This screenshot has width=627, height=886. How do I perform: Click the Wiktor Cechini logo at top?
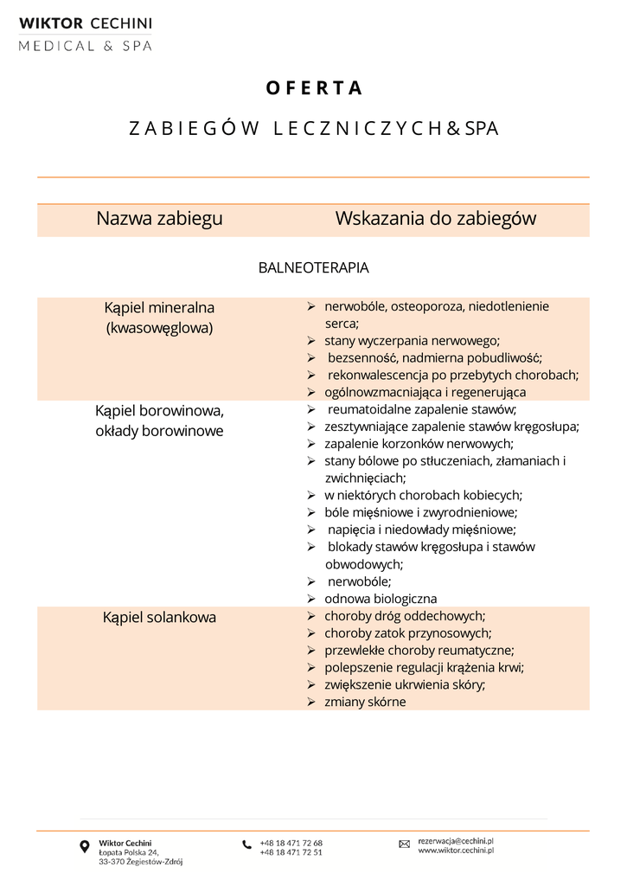tap(86, 34)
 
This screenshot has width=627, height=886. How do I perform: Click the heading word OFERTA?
tap(313, 88)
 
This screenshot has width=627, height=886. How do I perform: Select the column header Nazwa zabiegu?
tap(159, 219)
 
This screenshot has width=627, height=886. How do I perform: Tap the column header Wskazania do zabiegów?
tap(435, 219)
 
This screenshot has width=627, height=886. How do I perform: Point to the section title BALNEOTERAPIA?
tap(313, 268)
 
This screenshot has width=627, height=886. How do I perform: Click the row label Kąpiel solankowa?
tap(159, 618)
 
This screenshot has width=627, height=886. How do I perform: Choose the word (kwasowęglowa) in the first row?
tap(159, 329)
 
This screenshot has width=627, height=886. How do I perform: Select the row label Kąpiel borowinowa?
tap(159, 411)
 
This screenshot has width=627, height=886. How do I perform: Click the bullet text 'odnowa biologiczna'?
tap(381, 599)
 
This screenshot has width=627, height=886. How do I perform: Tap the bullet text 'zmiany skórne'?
tap(365, 702)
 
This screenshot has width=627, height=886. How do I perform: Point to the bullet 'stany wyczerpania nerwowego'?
tap(412, 341)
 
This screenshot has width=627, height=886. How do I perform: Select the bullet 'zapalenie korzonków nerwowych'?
tap(419, 444)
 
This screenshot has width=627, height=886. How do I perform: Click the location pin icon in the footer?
tap(84, 846)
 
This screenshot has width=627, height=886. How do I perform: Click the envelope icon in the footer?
tap(404, 844)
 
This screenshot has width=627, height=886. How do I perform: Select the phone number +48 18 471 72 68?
tap(291, 843)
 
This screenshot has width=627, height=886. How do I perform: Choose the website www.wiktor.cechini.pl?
tap(455, 851)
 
